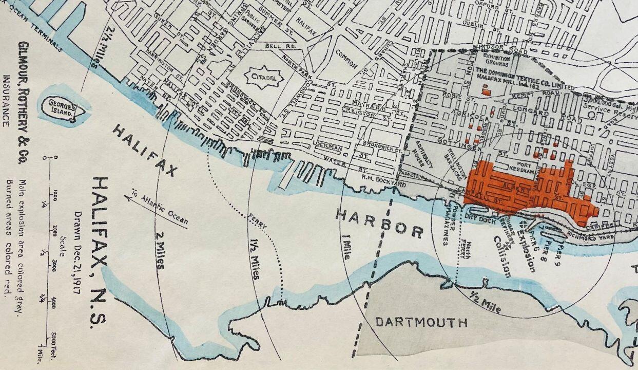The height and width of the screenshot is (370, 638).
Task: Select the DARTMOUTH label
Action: [x=421, y=322]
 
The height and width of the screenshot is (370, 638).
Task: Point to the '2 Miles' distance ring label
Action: [x=160, y=249]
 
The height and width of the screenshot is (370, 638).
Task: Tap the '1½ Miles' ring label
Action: [x=255, y=260]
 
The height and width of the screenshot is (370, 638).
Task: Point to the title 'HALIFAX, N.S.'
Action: [x=100, y=252]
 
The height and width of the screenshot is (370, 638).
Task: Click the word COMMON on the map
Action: [x=346, y=60]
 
